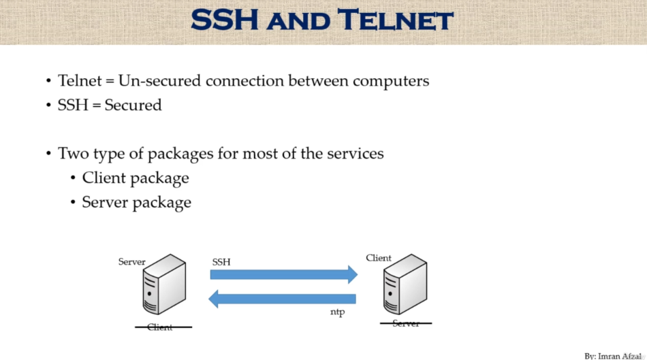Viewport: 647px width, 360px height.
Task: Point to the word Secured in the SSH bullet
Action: tap(133, 105)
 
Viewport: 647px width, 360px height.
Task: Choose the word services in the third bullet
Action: tap(355, 153)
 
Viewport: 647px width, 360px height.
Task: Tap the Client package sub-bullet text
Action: tap(135, 178)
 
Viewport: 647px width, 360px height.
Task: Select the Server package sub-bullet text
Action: tap(136, 202)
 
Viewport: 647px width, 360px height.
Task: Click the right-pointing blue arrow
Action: tap(283, 274)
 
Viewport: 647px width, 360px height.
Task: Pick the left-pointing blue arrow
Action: tap(282, 299)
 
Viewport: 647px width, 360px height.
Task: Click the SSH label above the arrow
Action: tap(221, 261)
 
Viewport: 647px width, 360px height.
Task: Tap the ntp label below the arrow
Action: tap(338, 312)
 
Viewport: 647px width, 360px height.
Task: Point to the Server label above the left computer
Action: tap(131, 262)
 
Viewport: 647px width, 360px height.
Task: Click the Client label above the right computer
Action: tap(379, 258)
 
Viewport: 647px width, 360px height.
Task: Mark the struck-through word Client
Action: tap(160, 327)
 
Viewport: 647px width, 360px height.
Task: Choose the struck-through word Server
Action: tap(406, 323)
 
